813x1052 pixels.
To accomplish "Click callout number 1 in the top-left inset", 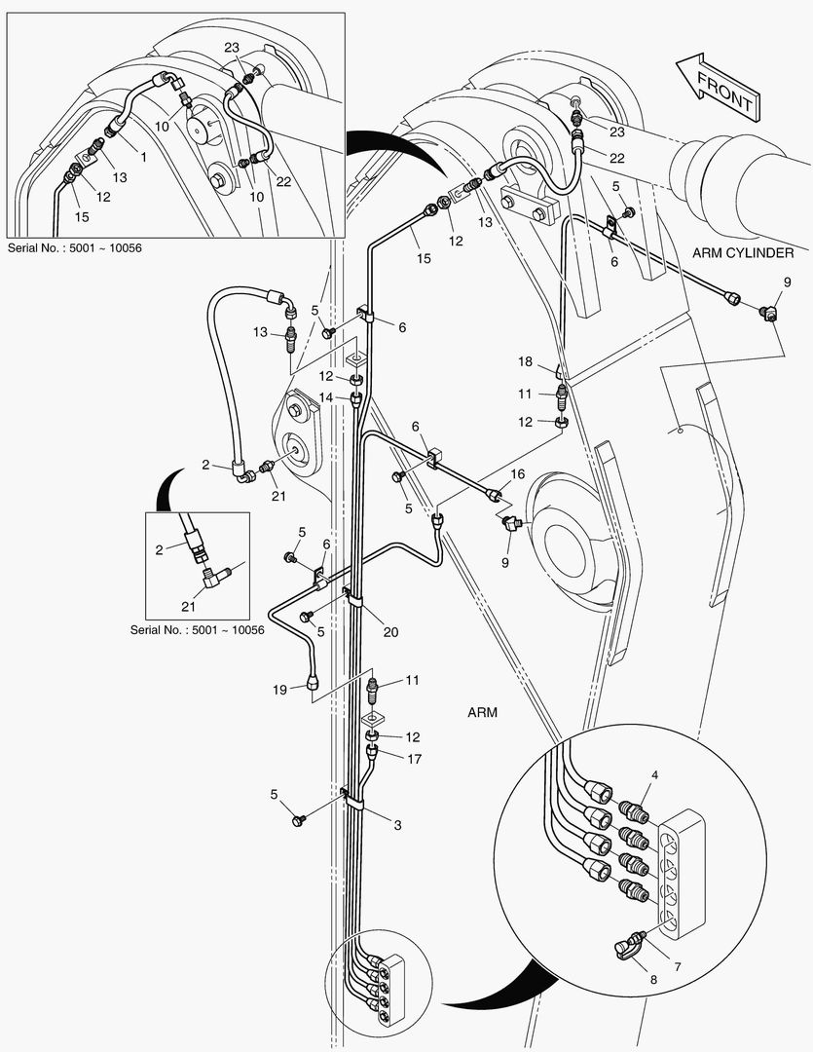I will [143, 157].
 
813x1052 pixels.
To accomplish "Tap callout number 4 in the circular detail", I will [654, 775].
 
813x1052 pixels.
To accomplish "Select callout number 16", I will [517, 473].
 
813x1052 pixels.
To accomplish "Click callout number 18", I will [525, 362].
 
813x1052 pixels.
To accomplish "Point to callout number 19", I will [278, 690].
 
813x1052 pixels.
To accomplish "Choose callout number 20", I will [390, 631].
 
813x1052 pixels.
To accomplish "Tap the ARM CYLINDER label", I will [743, 253].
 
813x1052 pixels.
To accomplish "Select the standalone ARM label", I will [481, 712].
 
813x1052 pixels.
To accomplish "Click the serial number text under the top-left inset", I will [74, 247].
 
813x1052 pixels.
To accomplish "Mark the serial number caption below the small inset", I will [198, 629].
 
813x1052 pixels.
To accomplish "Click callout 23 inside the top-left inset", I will [232, 47].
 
